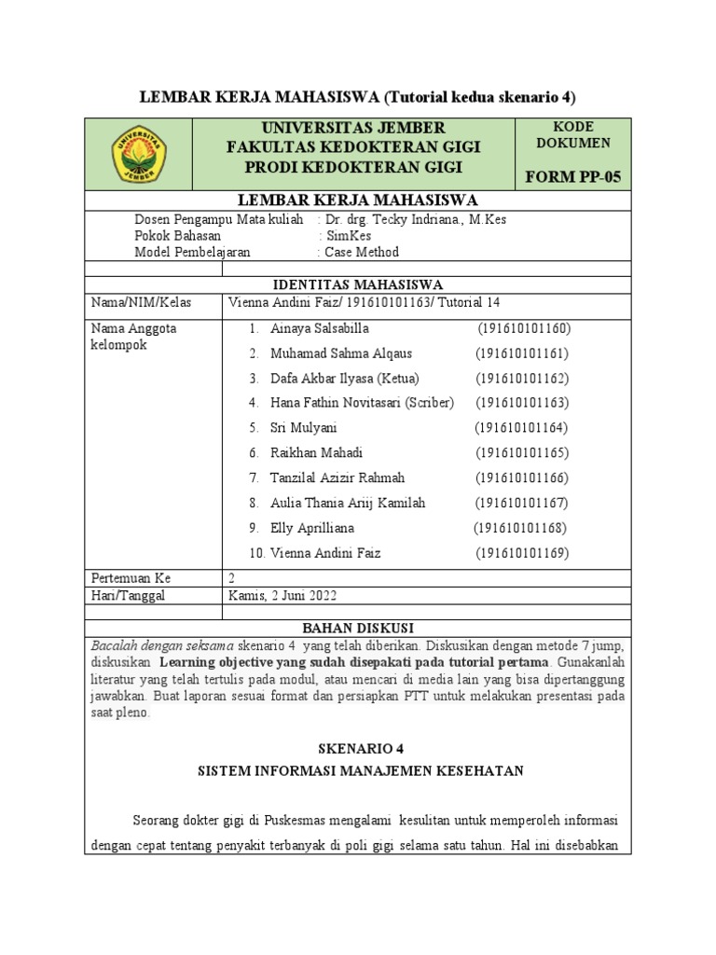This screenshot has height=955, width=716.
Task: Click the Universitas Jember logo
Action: [139, 155]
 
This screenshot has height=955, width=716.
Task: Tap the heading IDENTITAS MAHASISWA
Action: [357, 284]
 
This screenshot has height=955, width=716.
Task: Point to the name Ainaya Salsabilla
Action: [320, 329]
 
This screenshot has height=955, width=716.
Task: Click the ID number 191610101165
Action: [522, 453]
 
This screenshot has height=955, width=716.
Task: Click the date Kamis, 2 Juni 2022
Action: [282, 595]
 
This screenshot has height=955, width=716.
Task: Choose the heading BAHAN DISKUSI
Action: [357, 628]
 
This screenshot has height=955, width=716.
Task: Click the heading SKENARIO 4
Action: [357, 748]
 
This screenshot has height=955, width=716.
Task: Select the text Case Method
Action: [361, 252]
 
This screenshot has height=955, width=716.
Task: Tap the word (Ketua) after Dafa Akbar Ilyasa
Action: [398, 379]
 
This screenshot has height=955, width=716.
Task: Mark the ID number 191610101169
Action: [522, 553]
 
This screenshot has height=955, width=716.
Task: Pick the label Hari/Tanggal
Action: [128, 595]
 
